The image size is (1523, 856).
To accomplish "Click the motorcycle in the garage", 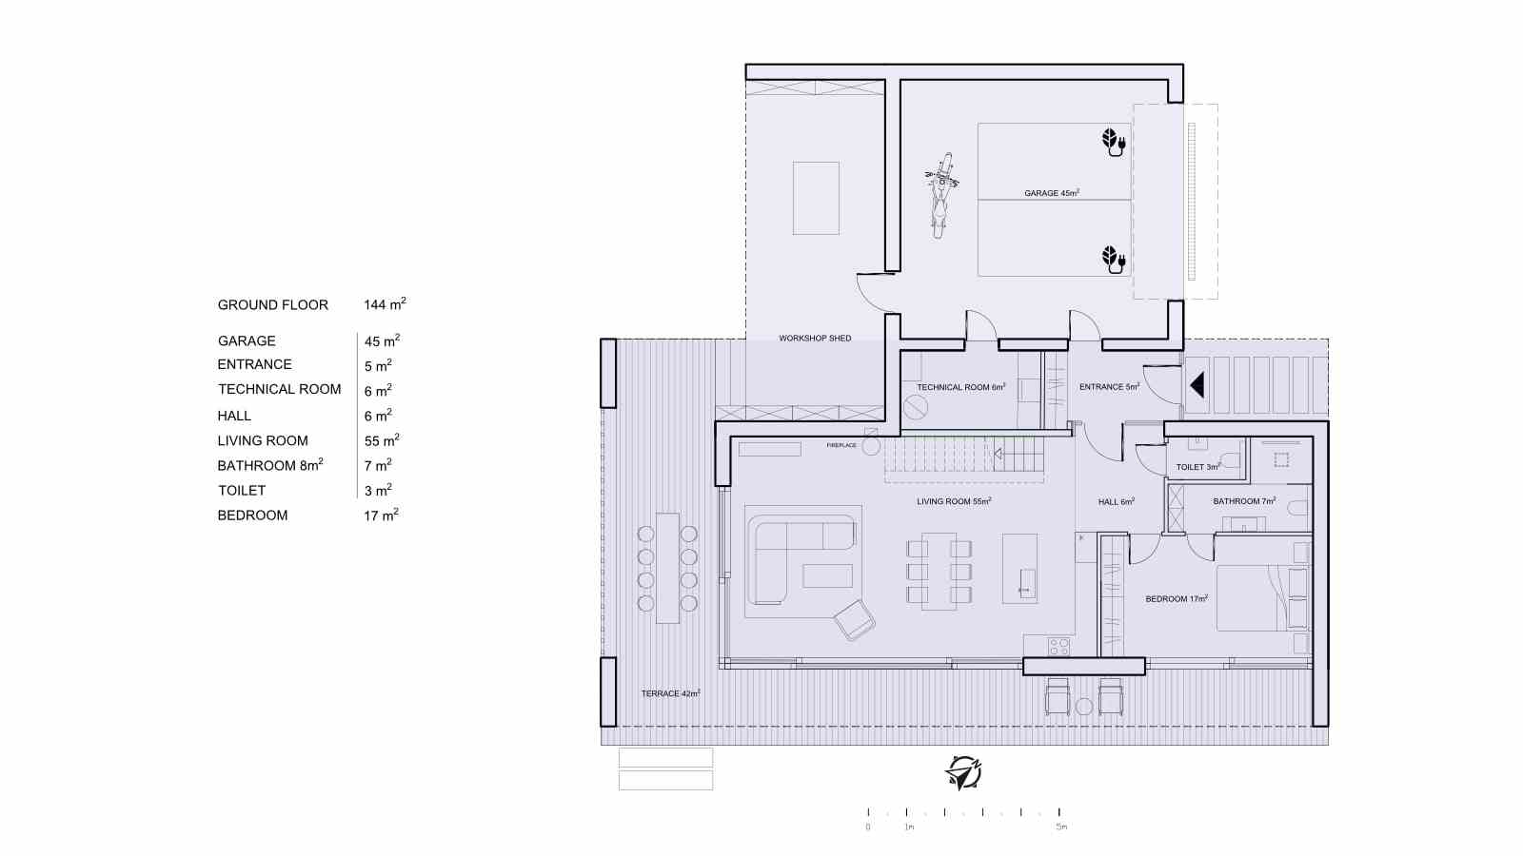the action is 940,196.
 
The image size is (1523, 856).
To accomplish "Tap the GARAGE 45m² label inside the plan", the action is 1052,193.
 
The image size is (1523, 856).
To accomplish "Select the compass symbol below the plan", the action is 963,773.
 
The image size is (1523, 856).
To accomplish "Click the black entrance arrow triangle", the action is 1197,384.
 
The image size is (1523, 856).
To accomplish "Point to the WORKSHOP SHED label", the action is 815,338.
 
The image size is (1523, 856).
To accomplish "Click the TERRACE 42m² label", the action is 670,693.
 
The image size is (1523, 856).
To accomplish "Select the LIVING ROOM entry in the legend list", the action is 263,441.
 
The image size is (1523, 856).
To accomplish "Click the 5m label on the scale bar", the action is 1061,827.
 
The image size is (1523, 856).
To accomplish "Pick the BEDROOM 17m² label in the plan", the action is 1177,598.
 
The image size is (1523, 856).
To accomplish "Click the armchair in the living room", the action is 854,619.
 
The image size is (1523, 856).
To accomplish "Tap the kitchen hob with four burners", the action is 1059,646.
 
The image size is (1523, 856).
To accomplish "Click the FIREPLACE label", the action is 841,445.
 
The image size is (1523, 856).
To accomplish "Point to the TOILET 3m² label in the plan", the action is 1198,467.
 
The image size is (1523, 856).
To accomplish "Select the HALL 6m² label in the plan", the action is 1117,501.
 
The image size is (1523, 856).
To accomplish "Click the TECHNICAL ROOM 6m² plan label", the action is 960,386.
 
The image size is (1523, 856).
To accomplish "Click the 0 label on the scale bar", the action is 867,827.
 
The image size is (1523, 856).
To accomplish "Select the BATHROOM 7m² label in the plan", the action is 1244,500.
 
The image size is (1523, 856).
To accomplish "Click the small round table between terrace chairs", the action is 1084,707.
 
